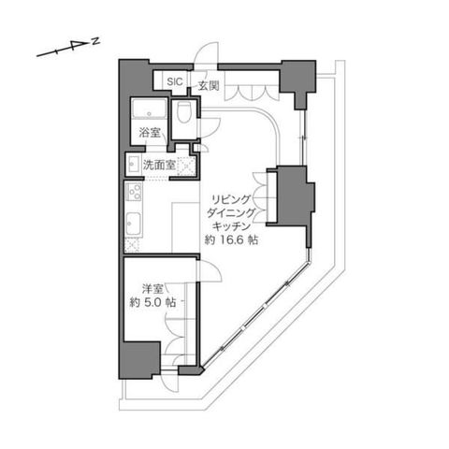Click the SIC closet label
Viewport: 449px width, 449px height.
coord(175,82)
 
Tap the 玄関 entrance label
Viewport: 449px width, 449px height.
coord(209,85)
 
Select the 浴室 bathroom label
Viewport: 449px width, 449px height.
coord(150,133)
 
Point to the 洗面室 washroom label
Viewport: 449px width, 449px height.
coord(159,165)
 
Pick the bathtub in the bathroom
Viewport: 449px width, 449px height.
coord(149,109)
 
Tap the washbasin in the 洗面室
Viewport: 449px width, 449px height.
coord(134,163)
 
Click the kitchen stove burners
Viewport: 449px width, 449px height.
coord(134,192)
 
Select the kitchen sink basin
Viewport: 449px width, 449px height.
coord(134,224)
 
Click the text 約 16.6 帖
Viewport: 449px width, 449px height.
coord(231,239)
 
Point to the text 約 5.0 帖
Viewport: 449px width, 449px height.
coord(152,302)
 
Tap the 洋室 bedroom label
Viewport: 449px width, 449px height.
coord(152,289)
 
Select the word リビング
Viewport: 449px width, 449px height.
coord(231,198)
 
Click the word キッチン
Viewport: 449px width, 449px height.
coord(231,225)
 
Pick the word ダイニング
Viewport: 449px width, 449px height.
coord(231,212)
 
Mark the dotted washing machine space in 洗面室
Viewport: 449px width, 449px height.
coord(186,166)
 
